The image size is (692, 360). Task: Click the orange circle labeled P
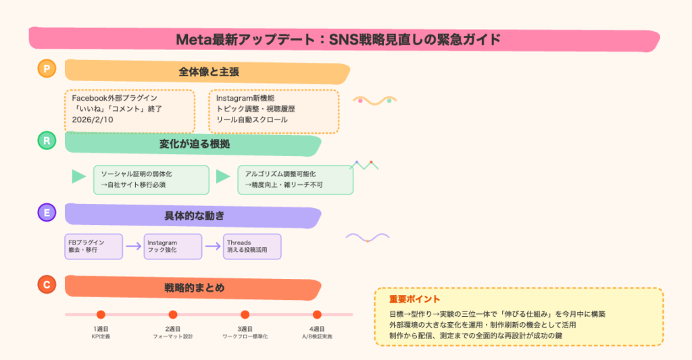tap(47, 68)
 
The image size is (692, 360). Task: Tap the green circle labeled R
tap(47, 140)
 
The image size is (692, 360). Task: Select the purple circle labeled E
tap(47, 212)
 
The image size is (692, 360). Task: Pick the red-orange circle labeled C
tap(47, 284)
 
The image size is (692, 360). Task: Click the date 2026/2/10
tap(92, 120)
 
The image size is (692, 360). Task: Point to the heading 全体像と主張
tap(209, 72)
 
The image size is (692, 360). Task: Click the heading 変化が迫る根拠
tap(194, 144)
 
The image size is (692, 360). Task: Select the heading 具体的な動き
tap(194, 215)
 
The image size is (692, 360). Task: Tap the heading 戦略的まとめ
tap(194, 288)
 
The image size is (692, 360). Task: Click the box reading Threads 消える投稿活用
tap(252, 246)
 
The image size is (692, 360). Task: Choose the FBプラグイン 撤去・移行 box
tap(93, 246)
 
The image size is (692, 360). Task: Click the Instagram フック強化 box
tap(173, 246)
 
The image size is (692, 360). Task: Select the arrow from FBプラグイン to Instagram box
tap(133, 246)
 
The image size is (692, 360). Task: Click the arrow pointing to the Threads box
tap(213, 246)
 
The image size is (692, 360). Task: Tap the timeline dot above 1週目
tap(101, 315)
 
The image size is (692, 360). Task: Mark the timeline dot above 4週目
tap(317, 315)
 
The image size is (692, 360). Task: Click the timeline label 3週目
tap(245, 329)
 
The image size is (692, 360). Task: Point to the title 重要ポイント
tap(414, 299)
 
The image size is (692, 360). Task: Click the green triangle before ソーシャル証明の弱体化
tap(78, 176)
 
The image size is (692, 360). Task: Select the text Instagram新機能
tap(245, 98)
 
